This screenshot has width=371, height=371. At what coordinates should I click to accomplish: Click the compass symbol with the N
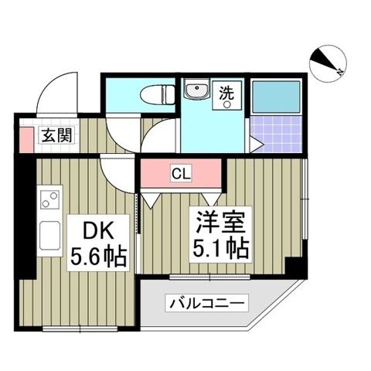coord(328,61)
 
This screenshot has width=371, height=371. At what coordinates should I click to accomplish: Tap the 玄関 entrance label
coord(57,136)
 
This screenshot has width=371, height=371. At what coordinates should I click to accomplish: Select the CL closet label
coord(180,172)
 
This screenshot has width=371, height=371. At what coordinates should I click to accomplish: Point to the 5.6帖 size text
coord(99,254)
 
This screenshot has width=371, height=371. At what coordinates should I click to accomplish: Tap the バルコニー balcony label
coord(206,303)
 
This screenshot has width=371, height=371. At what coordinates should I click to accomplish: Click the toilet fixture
coord(158,94)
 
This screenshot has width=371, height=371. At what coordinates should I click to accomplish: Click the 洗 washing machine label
coord(230,91)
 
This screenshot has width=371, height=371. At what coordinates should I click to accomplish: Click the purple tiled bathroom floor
coord(277,134)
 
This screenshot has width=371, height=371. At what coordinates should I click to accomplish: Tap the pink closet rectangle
coord(180,172)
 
